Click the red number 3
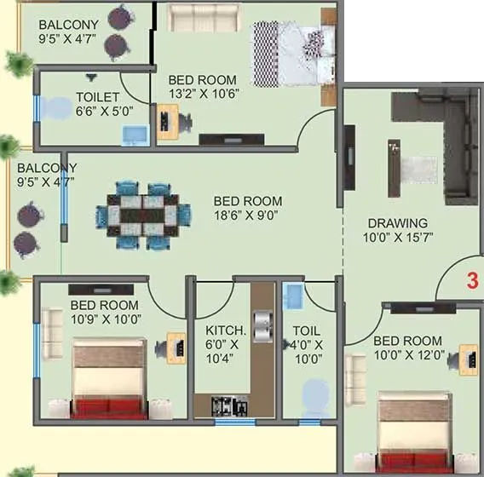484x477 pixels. (x=474, y=279)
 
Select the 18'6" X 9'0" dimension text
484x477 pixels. (x=247, y=216)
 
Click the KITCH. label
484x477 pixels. (x=226, y=330)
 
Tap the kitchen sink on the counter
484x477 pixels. (x=262, y=325)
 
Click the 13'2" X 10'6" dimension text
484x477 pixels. (x=202, y=95)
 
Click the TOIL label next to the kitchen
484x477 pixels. (x=305, y=330)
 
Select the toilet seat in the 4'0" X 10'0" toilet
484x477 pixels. (x=316, y=396)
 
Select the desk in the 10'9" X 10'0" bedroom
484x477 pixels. (x=176, y=345)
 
